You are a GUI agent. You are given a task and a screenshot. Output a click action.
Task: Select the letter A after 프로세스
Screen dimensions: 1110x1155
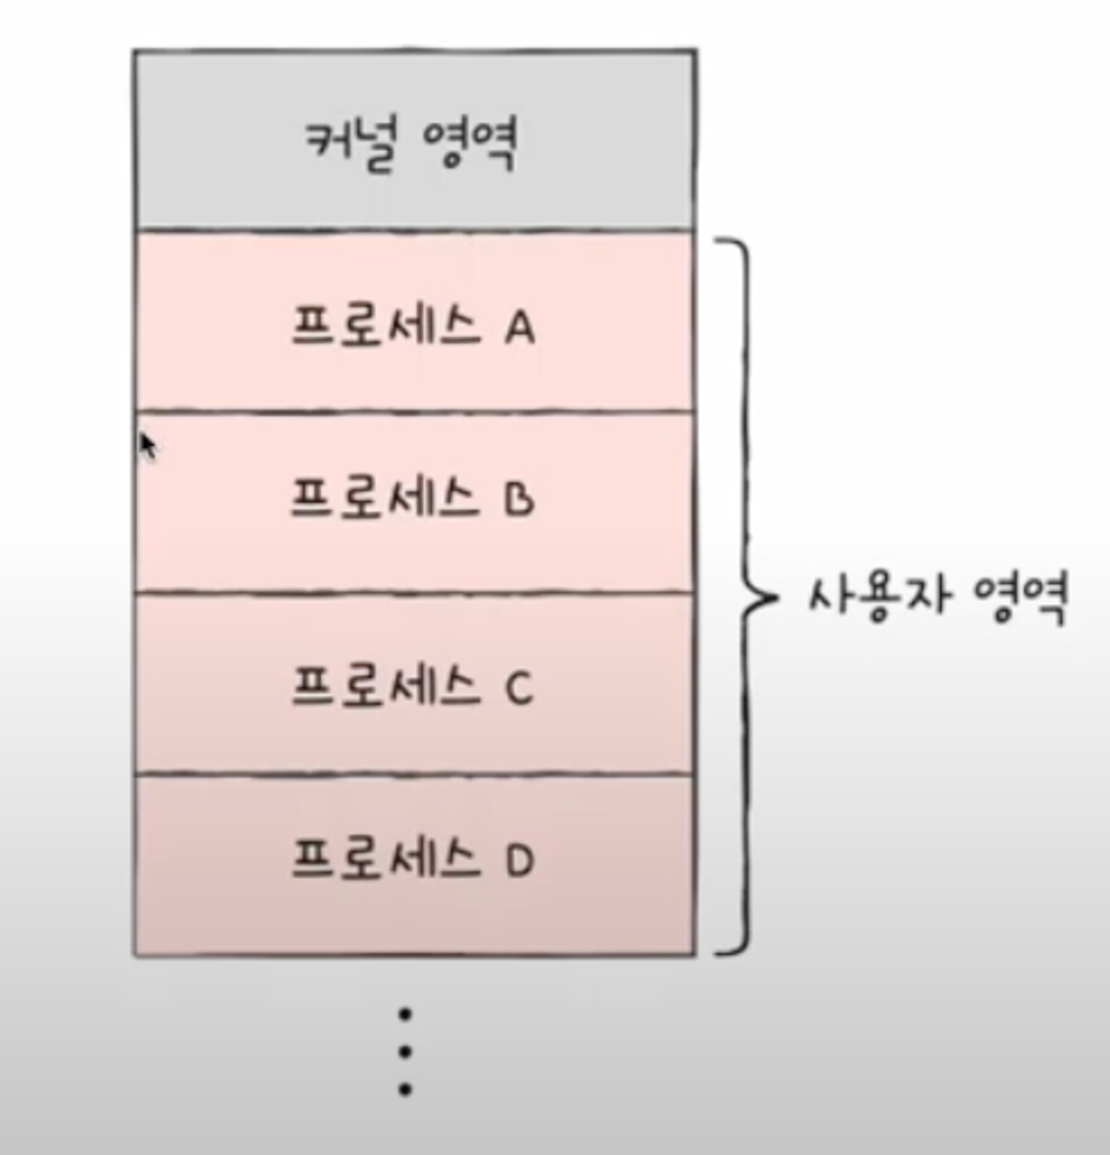tap(520, 329)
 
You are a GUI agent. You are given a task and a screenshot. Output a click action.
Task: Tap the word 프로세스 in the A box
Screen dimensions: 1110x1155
tap(386, 328)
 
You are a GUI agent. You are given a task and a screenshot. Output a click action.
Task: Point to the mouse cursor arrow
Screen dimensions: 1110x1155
tap(148, 445)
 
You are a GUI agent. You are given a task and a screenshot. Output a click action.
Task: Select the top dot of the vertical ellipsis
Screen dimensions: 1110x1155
tap(405, 1014)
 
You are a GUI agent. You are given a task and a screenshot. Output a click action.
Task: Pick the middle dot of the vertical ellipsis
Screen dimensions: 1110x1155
tap(405, 1052)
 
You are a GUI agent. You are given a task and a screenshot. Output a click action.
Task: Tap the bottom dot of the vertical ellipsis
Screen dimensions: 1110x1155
tap(405, 1090)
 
